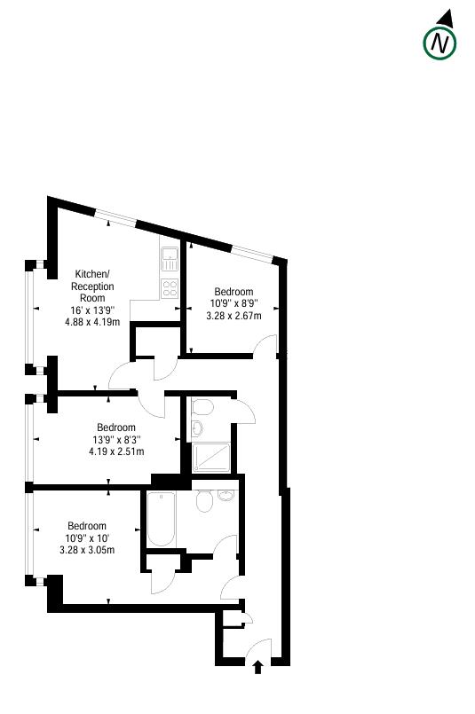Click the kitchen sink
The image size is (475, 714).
coord(170,259)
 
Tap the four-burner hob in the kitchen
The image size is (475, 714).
coord(170,287)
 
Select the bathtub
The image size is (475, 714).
coord(162,519)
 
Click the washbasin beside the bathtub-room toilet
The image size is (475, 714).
coord(226,495)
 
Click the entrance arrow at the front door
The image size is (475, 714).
coord(258,666)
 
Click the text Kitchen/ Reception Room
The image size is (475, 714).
coord(93,286)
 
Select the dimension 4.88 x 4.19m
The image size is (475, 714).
coord(92,322)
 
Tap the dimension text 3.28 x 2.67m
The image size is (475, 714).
coord(234,316)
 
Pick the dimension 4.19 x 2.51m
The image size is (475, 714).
coord(115,451)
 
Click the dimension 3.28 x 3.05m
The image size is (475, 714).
coord(86,550)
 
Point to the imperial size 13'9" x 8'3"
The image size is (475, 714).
coord(116,439)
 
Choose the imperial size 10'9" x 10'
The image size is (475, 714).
coord(86,537)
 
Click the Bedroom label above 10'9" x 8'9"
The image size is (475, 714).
coord(234,292)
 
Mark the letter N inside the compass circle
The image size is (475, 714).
coord(439,43)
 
